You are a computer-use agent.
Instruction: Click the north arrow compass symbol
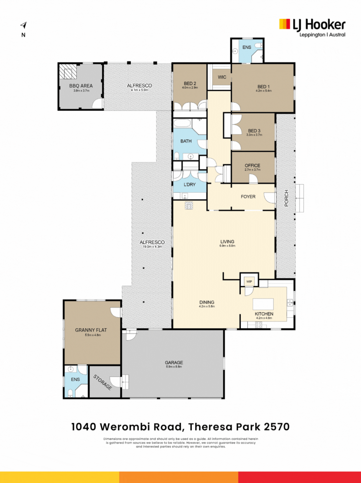coord(24,25)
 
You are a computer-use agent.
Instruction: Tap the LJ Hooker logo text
coord(319,25)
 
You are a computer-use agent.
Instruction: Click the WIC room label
coord(222,77)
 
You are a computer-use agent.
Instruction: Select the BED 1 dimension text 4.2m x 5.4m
coord(264,91)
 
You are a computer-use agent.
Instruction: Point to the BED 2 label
coord(190,83)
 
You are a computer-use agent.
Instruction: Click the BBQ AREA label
coord(81,86)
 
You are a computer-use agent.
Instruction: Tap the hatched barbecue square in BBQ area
coord(68,71)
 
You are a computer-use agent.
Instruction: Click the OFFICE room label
coord(252,165)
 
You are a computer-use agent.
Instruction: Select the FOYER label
coord(248,197)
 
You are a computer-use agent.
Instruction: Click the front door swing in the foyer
coord(270,197)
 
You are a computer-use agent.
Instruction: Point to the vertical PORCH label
coord(286,198)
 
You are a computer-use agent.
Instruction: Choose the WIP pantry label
coord(249,281)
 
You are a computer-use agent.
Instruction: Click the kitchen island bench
coord(263,304)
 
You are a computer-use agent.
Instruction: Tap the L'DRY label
coord(190,184)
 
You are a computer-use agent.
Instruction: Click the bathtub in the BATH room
coord(183,123)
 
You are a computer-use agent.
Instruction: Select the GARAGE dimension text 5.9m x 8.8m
coord(174,367)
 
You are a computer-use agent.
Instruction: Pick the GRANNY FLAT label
coord(91,330)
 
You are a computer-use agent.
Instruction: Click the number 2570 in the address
coord(276,427)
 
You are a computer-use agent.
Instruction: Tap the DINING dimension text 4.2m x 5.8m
coord(207,306)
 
